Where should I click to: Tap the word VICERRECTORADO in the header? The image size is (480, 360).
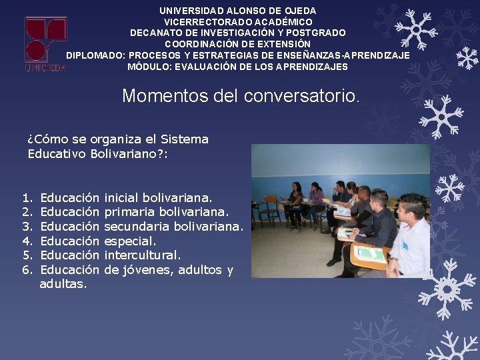click(200, 21)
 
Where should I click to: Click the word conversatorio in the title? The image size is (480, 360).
click(301, 96)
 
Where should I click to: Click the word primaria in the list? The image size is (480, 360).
click(131, 213)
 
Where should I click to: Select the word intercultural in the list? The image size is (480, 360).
click(142, 255)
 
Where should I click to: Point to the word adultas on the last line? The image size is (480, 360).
click(63, 284)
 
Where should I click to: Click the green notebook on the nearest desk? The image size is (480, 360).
click(370, 254)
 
